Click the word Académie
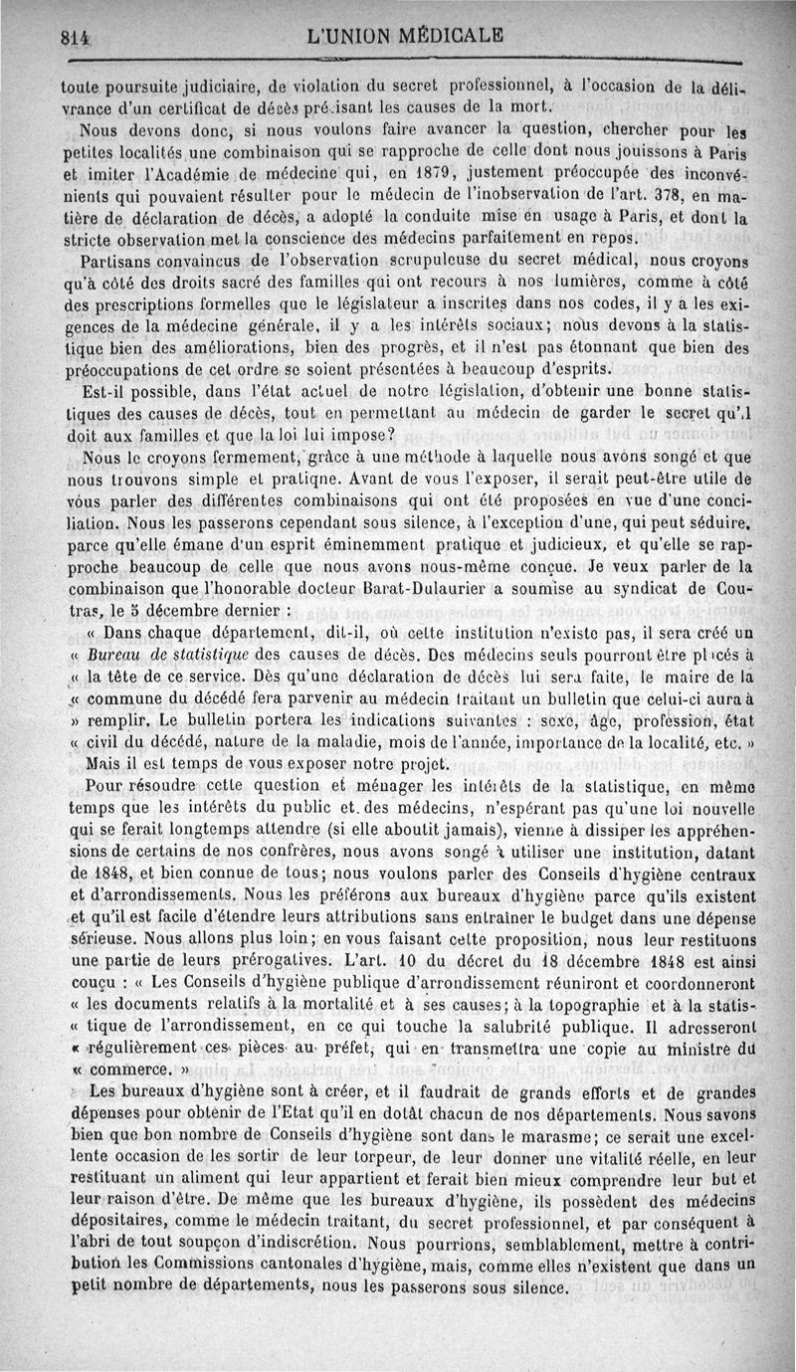pyautogui.click(x=169, y=171)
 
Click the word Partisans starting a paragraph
pyautogui.click(x=117, y=261)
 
